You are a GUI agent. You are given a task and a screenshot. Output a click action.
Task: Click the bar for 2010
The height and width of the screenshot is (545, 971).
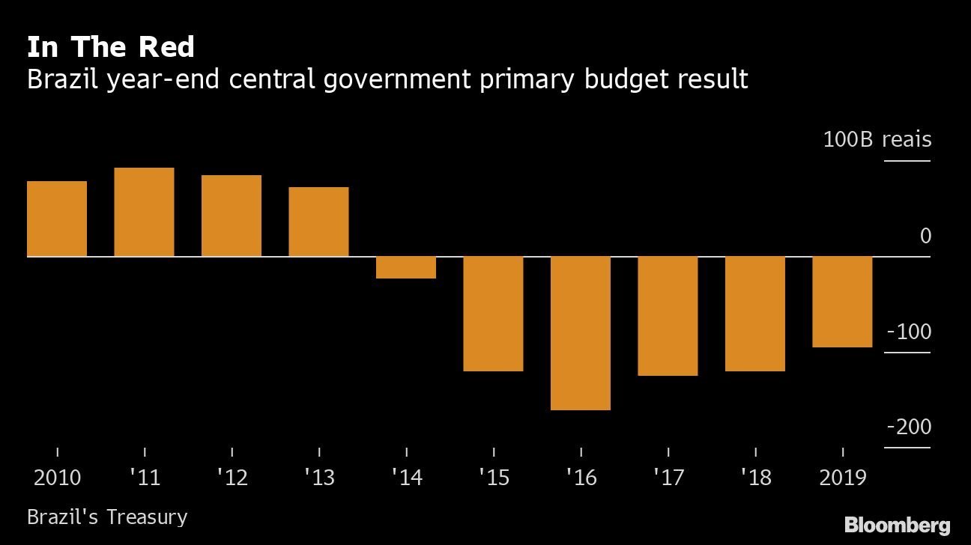[57, 219]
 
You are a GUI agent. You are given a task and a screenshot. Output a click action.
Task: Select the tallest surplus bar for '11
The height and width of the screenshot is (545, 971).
[145, 212]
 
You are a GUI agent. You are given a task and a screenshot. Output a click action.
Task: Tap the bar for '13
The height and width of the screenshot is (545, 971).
[318, 222]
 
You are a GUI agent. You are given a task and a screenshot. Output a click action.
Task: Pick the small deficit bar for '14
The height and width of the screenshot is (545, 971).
[406, 267]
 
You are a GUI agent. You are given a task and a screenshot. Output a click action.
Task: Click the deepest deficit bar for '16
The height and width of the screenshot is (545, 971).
[581, 333]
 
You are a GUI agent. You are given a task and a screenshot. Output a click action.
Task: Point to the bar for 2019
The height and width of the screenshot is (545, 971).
[842, 302]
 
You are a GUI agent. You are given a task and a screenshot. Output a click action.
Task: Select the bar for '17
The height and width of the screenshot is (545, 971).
[668, 316]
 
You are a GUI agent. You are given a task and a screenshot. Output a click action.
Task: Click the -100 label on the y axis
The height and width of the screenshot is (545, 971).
[909, 332]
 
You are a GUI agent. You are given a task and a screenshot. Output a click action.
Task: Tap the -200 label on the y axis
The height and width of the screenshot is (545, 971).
[909, 427]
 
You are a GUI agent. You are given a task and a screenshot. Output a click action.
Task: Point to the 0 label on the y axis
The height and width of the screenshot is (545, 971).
[925, 236]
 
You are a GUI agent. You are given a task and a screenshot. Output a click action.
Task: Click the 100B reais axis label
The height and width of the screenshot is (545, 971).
[877, 139]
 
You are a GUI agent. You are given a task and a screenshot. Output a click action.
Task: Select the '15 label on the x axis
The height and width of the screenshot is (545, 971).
[494, 478]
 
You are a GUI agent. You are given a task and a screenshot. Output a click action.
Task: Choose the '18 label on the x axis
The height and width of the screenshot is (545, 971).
[756, 478]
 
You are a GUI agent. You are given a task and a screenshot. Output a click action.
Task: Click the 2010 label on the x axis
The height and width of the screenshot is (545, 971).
[57, 478]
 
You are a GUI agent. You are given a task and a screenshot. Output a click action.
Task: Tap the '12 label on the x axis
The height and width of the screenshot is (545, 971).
[232, 478]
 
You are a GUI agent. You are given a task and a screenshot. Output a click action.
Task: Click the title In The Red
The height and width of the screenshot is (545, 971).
[111, 46]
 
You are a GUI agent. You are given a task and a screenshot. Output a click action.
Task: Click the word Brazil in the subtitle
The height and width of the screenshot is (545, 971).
[63, 79]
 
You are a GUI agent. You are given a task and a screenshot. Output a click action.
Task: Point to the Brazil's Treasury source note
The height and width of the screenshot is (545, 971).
[107, 517]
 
